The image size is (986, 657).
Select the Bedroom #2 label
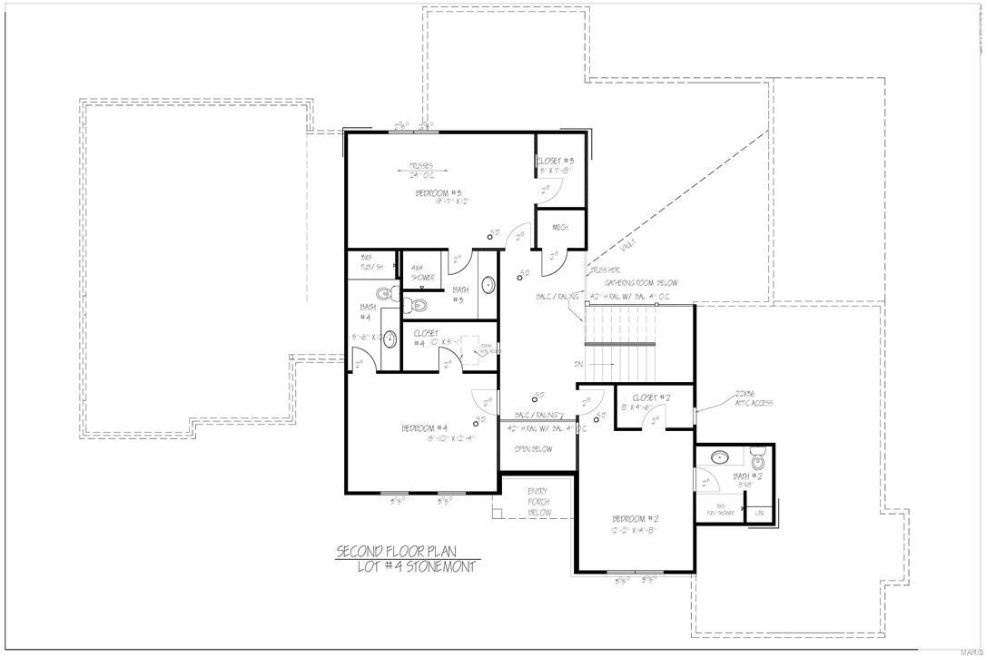click(635, 518)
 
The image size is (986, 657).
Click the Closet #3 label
click(556, 161)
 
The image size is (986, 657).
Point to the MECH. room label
click(560, 228)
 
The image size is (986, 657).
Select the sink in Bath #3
click(488, 284)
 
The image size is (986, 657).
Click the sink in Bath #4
click(390, 339)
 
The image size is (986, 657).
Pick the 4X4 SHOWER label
click(419, 272)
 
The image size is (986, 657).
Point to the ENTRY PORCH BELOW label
click(539, 502)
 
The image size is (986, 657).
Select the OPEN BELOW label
click(534, 448)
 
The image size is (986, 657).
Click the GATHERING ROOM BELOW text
click(647, 283)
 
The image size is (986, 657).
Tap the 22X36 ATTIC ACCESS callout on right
click(754, 398)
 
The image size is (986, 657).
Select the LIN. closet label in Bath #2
click(759, 514)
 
